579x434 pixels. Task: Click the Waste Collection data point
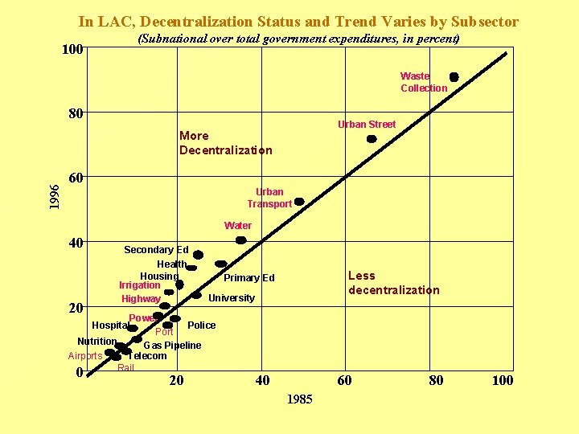pyautogui.click(x=454, y=77)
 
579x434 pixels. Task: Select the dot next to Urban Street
pyautogui.click(x=372, y=139)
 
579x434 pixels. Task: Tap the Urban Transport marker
pyautogui.click(x=299, y=202)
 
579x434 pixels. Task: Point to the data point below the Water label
pyautogui.click(x=240, y=240)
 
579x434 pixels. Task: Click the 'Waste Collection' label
pyautogui.click(x=423, y=82)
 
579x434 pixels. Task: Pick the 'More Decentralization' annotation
pyautogui.click(x=225, y=143)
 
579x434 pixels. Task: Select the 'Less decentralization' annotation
pyautogui.click(x=393, y=283)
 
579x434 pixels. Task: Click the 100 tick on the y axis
pyautogui.click(x=73, y=50)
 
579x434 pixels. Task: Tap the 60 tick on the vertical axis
pyautogui.click(x=76, y=177)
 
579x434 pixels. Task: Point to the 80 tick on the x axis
pyautogui.click(x=435, y=380)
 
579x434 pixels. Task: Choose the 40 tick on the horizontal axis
pyautogui.click(x=261, y=380)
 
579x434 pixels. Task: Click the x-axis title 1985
pyautogui.click(x=299, y=399)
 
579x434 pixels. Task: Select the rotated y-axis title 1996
pyautogui.click(x=53, y=197)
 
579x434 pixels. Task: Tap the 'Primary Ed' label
pyautogui.click(x=248, y=278)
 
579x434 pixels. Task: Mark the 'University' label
pyautogui.click(x=231, y=298)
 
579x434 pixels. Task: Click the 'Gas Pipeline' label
pyautogui.click(x=172, y=346)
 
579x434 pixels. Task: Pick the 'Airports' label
pyautogui.click(x=85, y=356)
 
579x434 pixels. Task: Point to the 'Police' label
pyautogui.click(x=201, y=325)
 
